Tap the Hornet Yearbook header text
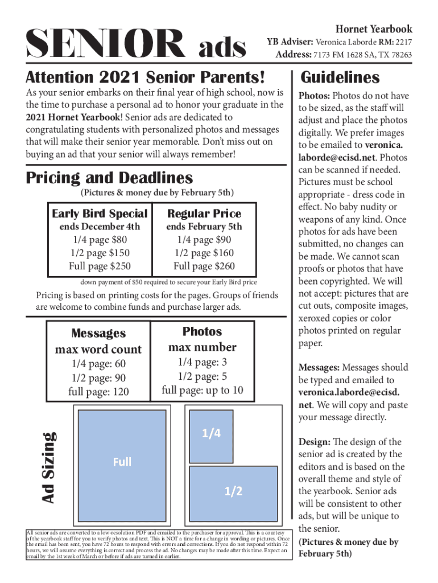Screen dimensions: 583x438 click(x=374, y=28)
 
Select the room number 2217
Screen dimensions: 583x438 click(x=404, y=42)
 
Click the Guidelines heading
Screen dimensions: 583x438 click(x=340, y=77)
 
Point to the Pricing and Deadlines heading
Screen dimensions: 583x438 click(x=109, y=178)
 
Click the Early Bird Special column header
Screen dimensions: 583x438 click(x=100, y=214)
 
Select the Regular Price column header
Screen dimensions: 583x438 click(x=204, y=214)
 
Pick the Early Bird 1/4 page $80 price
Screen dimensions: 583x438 click(x=100, y=240)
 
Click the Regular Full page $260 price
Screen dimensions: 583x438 click(x=204, y=266)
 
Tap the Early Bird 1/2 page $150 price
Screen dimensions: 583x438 click(x=100, y=253)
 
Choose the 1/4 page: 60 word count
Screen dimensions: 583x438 click(x=98, y=364)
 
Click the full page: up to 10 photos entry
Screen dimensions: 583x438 click(x=202, y=390)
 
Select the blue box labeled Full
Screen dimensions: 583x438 click(x=122, y=462)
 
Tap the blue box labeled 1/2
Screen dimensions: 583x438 click(x=233, y=491)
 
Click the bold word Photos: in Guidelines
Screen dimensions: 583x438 click(x=315, y=96)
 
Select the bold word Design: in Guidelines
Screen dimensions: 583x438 click(x=314, y=442)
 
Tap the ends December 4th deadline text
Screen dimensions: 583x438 click(x=100, y=227)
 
